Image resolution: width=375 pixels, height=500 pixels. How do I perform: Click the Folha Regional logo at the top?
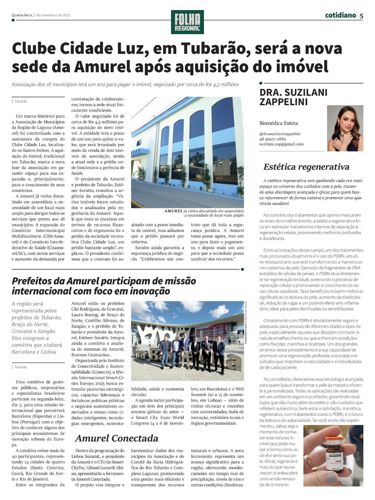click(x=187, y=22)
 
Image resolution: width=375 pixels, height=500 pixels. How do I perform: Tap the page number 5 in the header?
click(x=361, y=16)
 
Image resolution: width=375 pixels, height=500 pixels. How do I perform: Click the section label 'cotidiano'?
click(x=340, y=15)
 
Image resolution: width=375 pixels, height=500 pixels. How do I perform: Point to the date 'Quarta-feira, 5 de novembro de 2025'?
click(x=41, y=15)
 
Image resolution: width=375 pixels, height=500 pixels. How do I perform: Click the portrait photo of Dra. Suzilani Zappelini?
click(x=345, y=128)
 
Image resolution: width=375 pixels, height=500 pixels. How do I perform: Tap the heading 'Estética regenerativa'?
click(x=306, y=167)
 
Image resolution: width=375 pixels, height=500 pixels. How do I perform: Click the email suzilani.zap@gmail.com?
click(x=281, y=144)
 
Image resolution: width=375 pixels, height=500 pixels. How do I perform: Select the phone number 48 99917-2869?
click(x=273, y=139)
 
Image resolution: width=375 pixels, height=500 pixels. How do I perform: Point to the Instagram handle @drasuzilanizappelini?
click(x=280, y=134)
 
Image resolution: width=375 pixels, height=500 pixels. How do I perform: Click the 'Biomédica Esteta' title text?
click(x=278, y=123)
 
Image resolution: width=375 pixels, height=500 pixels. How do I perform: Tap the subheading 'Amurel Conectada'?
click(x=117, y=438)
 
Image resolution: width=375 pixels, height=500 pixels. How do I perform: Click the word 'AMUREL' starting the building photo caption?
click(x=174, y=211)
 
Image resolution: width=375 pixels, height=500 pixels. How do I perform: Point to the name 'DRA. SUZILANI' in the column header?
click(x=293, y=93)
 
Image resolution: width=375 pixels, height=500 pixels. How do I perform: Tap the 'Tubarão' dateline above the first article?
click(x=21, y=101)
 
